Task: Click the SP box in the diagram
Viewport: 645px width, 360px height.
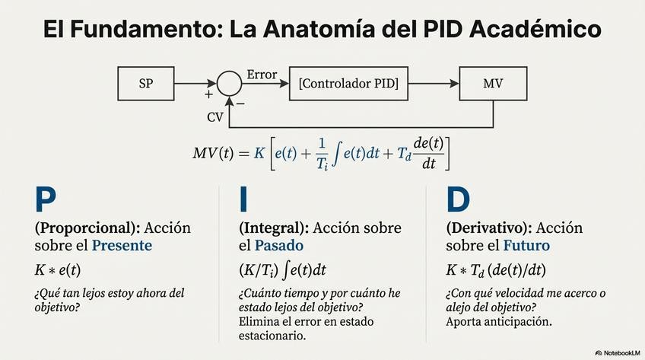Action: (x=146, y=83)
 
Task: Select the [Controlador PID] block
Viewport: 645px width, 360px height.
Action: (x=349, y=83)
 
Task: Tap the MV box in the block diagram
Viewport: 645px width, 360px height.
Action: (x=493, y=83)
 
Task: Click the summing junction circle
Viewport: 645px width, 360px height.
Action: (x=228, y=84)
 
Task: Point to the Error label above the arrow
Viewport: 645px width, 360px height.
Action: (x=262, y=75)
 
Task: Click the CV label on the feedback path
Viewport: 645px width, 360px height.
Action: (x=215, y=117)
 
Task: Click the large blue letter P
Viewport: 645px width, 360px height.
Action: (x=46, y=199)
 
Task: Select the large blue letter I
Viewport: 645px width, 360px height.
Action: (x=243, y=199)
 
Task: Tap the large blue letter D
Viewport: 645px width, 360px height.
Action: (x=458, y=199)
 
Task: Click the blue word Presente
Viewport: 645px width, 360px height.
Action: (x=122, y=246)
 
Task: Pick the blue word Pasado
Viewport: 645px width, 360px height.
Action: (x=278, y=246)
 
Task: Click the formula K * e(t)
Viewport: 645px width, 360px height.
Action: (x=58, y=269)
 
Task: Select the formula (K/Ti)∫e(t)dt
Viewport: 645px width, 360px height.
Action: (x=282, y=270)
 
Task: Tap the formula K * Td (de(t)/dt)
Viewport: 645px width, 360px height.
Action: (x=496, y=270)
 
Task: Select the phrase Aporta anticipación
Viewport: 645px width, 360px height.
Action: (x=499, y=321)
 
